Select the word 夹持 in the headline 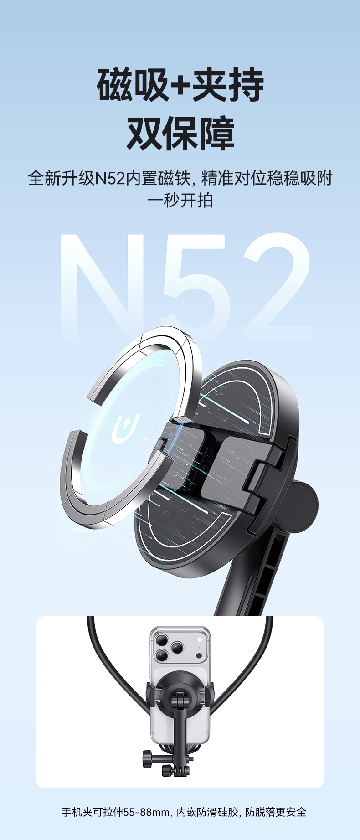(x=228, y=85)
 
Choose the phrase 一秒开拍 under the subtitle (x=180, y=201)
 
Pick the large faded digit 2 (x=278, y=287)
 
